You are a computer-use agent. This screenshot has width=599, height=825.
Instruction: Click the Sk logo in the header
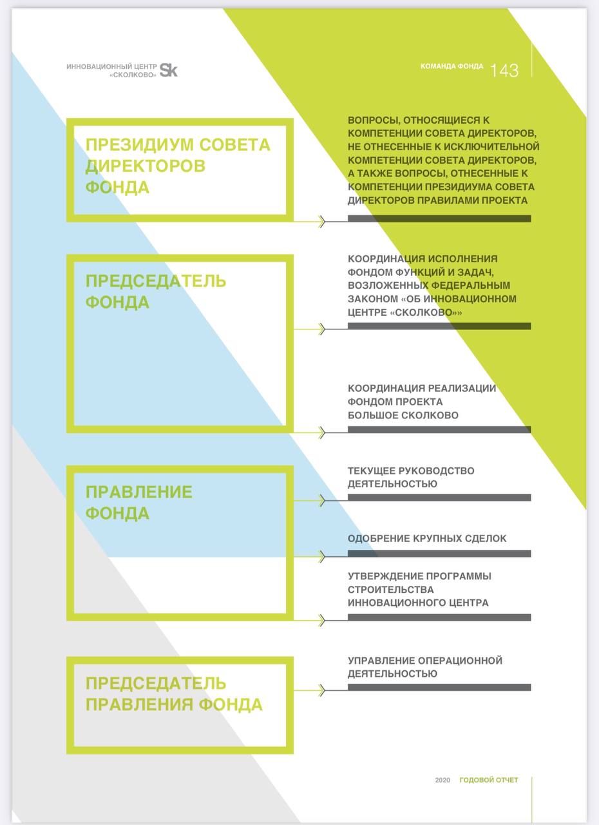168,70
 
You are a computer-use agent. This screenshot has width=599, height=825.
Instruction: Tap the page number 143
504,71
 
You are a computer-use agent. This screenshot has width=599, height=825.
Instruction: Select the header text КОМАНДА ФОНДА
452,66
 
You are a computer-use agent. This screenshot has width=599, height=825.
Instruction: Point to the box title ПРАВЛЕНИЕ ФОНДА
138,502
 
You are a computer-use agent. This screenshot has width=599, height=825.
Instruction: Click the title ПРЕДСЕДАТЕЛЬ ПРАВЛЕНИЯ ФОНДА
173,693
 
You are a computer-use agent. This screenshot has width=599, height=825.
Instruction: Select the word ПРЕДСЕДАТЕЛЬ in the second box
155,281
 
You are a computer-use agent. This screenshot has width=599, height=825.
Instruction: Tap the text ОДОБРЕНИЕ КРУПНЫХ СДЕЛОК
427,538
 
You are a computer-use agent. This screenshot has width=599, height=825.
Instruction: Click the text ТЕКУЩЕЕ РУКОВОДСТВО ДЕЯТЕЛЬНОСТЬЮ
411,477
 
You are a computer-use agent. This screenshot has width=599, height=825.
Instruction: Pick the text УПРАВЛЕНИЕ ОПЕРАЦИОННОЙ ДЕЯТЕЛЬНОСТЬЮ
424,667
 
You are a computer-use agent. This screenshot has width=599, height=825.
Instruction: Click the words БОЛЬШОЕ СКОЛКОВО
403,415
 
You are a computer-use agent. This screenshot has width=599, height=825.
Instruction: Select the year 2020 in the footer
442,780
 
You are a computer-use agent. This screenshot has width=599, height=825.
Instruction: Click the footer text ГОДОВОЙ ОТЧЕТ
488,780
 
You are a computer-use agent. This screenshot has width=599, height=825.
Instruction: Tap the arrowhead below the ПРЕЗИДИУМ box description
321,222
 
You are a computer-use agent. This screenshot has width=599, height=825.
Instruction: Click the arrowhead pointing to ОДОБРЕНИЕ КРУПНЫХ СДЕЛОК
321,556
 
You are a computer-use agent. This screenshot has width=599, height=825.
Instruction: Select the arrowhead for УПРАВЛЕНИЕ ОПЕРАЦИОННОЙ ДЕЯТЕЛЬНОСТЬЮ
321,690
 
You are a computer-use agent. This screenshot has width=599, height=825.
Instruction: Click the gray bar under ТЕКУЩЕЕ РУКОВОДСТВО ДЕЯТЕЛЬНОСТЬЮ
439,498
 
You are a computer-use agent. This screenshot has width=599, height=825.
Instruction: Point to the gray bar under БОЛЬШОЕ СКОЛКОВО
439,429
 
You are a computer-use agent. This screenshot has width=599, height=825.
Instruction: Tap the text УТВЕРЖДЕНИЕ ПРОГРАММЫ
419,576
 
